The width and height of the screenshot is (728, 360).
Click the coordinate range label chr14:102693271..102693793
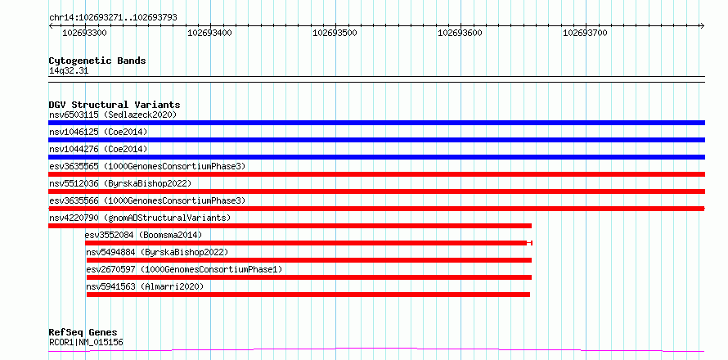(x=113, y=18)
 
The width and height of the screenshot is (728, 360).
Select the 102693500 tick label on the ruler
(x=335, y=33)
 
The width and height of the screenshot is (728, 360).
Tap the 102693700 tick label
(x=586, y=33)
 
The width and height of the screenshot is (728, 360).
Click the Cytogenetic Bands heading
(x=97, y=61)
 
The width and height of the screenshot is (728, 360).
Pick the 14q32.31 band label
(x=69, y=71)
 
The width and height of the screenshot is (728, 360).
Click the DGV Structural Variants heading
(x=115, y=105)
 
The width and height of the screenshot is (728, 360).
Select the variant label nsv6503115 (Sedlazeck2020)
(x=113, y=115)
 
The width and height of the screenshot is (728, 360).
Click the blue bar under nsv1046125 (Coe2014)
(x=376, y=140)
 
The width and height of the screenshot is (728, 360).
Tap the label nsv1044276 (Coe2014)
(x=98, y=149)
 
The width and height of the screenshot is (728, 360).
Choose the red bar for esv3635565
(x=376, y=174)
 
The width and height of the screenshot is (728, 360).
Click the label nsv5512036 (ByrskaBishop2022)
(x=120, y=183)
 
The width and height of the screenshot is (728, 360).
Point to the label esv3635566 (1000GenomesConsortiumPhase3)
(x=147, y=200)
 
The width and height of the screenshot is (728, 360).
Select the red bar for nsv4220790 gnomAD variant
(x=290, y=226)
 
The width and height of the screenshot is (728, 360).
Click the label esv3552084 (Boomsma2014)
(x=143, y=235)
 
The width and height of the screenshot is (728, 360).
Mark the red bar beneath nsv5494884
(x=308, y=260)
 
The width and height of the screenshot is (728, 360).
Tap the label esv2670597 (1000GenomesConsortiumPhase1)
(x=184, y=269)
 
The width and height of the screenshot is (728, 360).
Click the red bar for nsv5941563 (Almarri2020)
(x=308, y=295)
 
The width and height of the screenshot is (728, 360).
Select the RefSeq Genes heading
(x=83, y=333)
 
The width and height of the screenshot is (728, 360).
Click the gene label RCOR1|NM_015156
(x=86, y=343)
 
